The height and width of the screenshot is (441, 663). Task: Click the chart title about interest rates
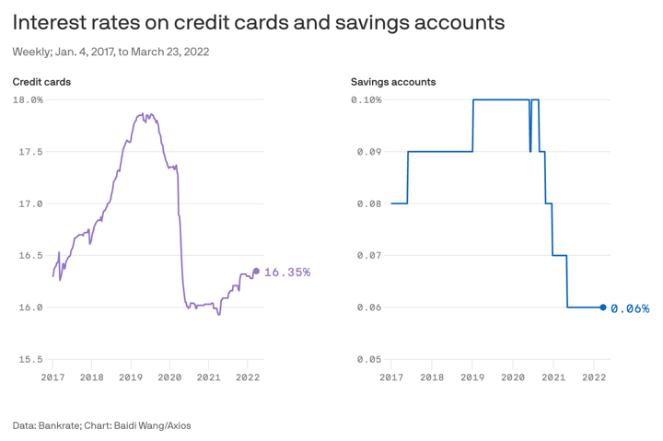click(259, 22)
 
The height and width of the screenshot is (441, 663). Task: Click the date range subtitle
click(110, 52)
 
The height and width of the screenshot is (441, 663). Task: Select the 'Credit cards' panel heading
click(41, 82)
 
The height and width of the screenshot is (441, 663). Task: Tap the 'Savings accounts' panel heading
click(393, 82)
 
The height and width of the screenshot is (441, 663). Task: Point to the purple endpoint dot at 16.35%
click(256, 271)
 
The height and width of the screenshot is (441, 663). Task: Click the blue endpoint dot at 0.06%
click(603, 308)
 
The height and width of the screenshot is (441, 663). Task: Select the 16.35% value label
click(287, 273)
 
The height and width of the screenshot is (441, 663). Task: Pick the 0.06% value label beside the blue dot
click(630, 308)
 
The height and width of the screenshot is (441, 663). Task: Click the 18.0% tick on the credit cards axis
click(28, 99)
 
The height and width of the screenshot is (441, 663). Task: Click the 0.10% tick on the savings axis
click(366, 99)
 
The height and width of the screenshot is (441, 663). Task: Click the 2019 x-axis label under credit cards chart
click(131, 377)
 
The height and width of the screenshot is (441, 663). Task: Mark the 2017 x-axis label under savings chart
click(391, 377)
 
